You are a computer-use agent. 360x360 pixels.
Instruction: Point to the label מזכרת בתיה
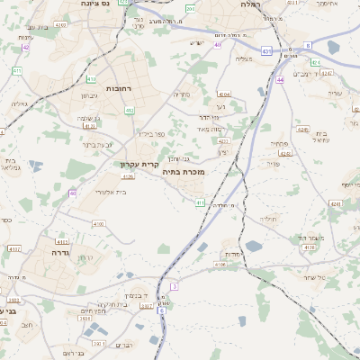click(187, 171)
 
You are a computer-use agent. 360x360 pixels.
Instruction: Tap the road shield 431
click(266, 51)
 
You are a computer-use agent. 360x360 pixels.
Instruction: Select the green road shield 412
click(129, 111)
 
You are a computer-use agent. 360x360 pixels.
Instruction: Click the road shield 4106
click(221, 265)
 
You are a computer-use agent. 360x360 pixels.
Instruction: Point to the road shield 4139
click(310, 246)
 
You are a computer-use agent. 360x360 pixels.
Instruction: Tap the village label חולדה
click(268, 219)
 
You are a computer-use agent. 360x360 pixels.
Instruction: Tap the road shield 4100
click(98, 223)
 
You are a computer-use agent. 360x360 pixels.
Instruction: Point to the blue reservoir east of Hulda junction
click(254, 245)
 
